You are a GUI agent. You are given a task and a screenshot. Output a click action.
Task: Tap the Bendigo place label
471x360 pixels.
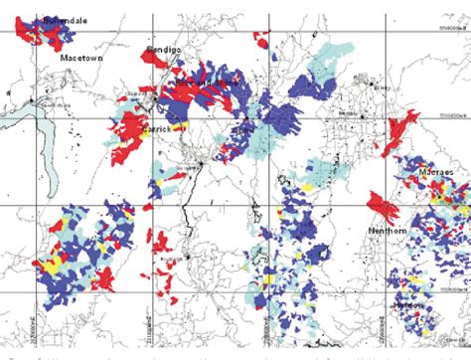(160, 47)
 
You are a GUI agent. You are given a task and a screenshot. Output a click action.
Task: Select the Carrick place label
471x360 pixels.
(157, 128)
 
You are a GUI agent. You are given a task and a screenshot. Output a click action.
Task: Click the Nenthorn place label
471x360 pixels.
(388, 231)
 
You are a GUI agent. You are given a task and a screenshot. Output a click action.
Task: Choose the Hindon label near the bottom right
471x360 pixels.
(408, 306)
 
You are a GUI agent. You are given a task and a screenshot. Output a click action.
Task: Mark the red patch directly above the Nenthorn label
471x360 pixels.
(382, 207)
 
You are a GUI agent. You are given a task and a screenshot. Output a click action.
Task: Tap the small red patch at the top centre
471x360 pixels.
(262, 39)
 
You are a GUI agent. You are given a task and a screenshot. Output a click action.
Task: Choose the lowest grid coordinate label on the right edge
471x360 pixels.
(452, 289)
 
